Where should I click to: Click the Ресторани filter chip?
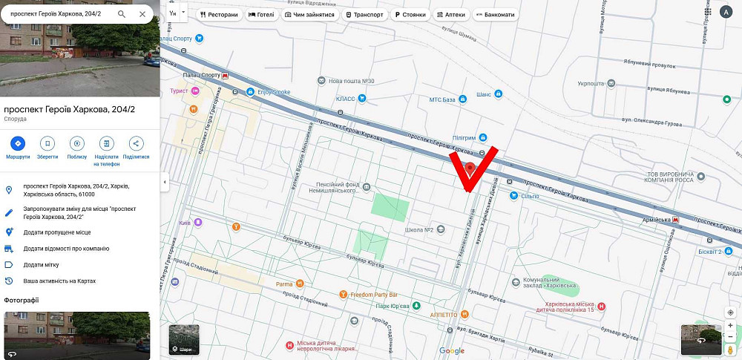click(x=219, y=14)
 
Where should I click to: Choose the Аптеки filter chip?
click(x=451, y=14)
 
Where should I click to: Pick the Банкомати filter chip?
click(x=495, y=14)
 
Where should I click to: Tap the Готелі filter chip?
click(x=261, y=14)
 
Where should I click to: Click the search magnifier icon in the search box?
click(x=122, y=14)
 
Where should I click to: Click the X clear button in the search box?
click(x=142, y=14)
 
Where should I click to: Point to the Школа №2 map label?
click(x=419, y=229)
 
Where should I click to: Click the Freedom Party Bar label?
click(x=374, y=294)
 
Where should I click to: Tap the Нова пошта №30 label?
click(x=351, y=81)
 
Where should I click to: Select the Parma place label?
click(x=284, y=284)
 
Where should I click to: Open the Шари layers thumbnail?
click(x=184, y=340)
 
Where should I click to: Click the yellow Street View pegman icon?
click(x=731, y=349)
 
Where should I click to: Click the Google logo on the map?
click(x=451, y=351)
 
